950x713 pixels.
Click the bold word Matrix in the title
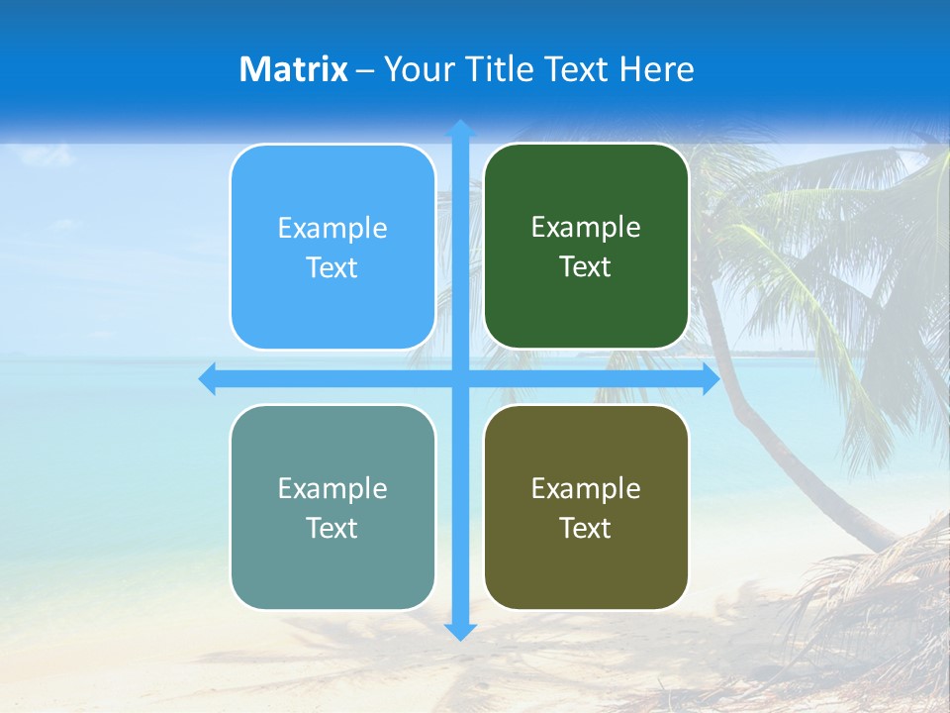coord(294,69)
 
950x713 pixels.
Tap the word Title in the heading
coord(496,69)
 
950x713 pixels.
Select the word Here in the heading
coord(656,69)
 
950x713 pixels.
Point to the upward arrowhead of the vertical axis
coord(460,129)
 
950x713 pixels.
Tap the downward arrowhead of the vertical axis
coord(460,631)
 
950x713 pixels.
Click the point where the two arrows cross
coord(460,379)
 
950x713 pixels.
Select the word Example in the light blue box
coord(332,228)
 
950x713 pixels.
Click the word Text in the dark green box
coord(586,267)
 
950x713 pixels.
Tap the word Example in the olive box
coord(586,488)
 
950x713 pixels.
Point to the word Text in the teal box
coord(332,529)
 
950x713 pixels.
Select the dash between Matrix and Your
coord(365,70)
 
